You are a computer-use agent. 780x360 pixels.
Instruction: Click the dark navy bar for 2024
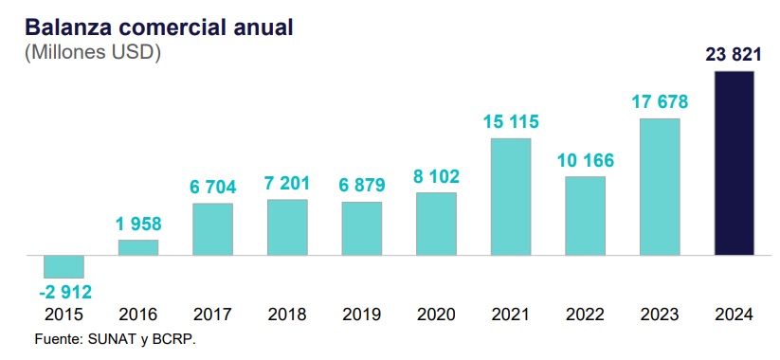pos(735,163)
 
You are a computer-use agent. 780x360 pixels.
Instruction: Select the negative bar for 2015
pos(63,266)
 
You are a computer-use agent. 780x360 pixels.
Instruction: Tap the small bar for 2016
pos(138,247)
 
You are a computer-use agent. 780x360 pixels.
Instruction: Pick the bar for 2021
pos(511,197)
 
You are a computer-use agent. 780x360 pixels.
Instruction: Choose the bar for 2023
pos(660,187)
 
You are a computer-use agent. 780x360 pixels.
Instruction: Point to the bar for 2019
pos(362,228)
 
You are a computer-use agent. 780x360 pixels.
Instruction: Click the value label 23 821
pos(734,55)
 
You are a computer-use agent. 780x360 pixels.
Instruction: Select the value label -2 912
pos(65,293)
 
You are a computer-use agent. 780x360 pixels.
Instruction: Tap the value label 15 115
pos(511,122)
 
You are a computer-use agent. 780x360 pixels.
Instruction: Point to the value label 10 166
pos(586,161)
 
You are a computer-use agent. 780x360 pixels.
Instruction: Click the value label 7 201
pos(287,184)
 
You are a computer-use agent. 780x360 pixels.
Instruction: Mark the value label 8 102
pos(436,176)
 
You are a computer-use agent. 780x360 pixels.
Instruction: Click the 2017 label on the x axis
pos(212,315)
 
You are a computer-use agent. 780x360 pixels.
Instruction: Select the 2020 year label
pos(436,315)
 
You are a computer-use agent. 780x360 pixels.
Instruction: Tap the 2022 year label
pos(585,315)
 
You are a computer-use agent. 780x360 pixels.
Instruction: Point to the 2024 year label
pos(735,315)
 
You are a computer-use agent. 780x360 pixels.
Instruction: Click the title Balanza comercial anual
pos(159,27)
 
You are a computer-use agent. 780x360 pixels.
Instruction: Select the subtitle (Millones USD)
pos(93,53)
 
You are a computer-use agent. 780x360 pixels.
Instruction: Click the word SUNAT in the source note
pos(107,340)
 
